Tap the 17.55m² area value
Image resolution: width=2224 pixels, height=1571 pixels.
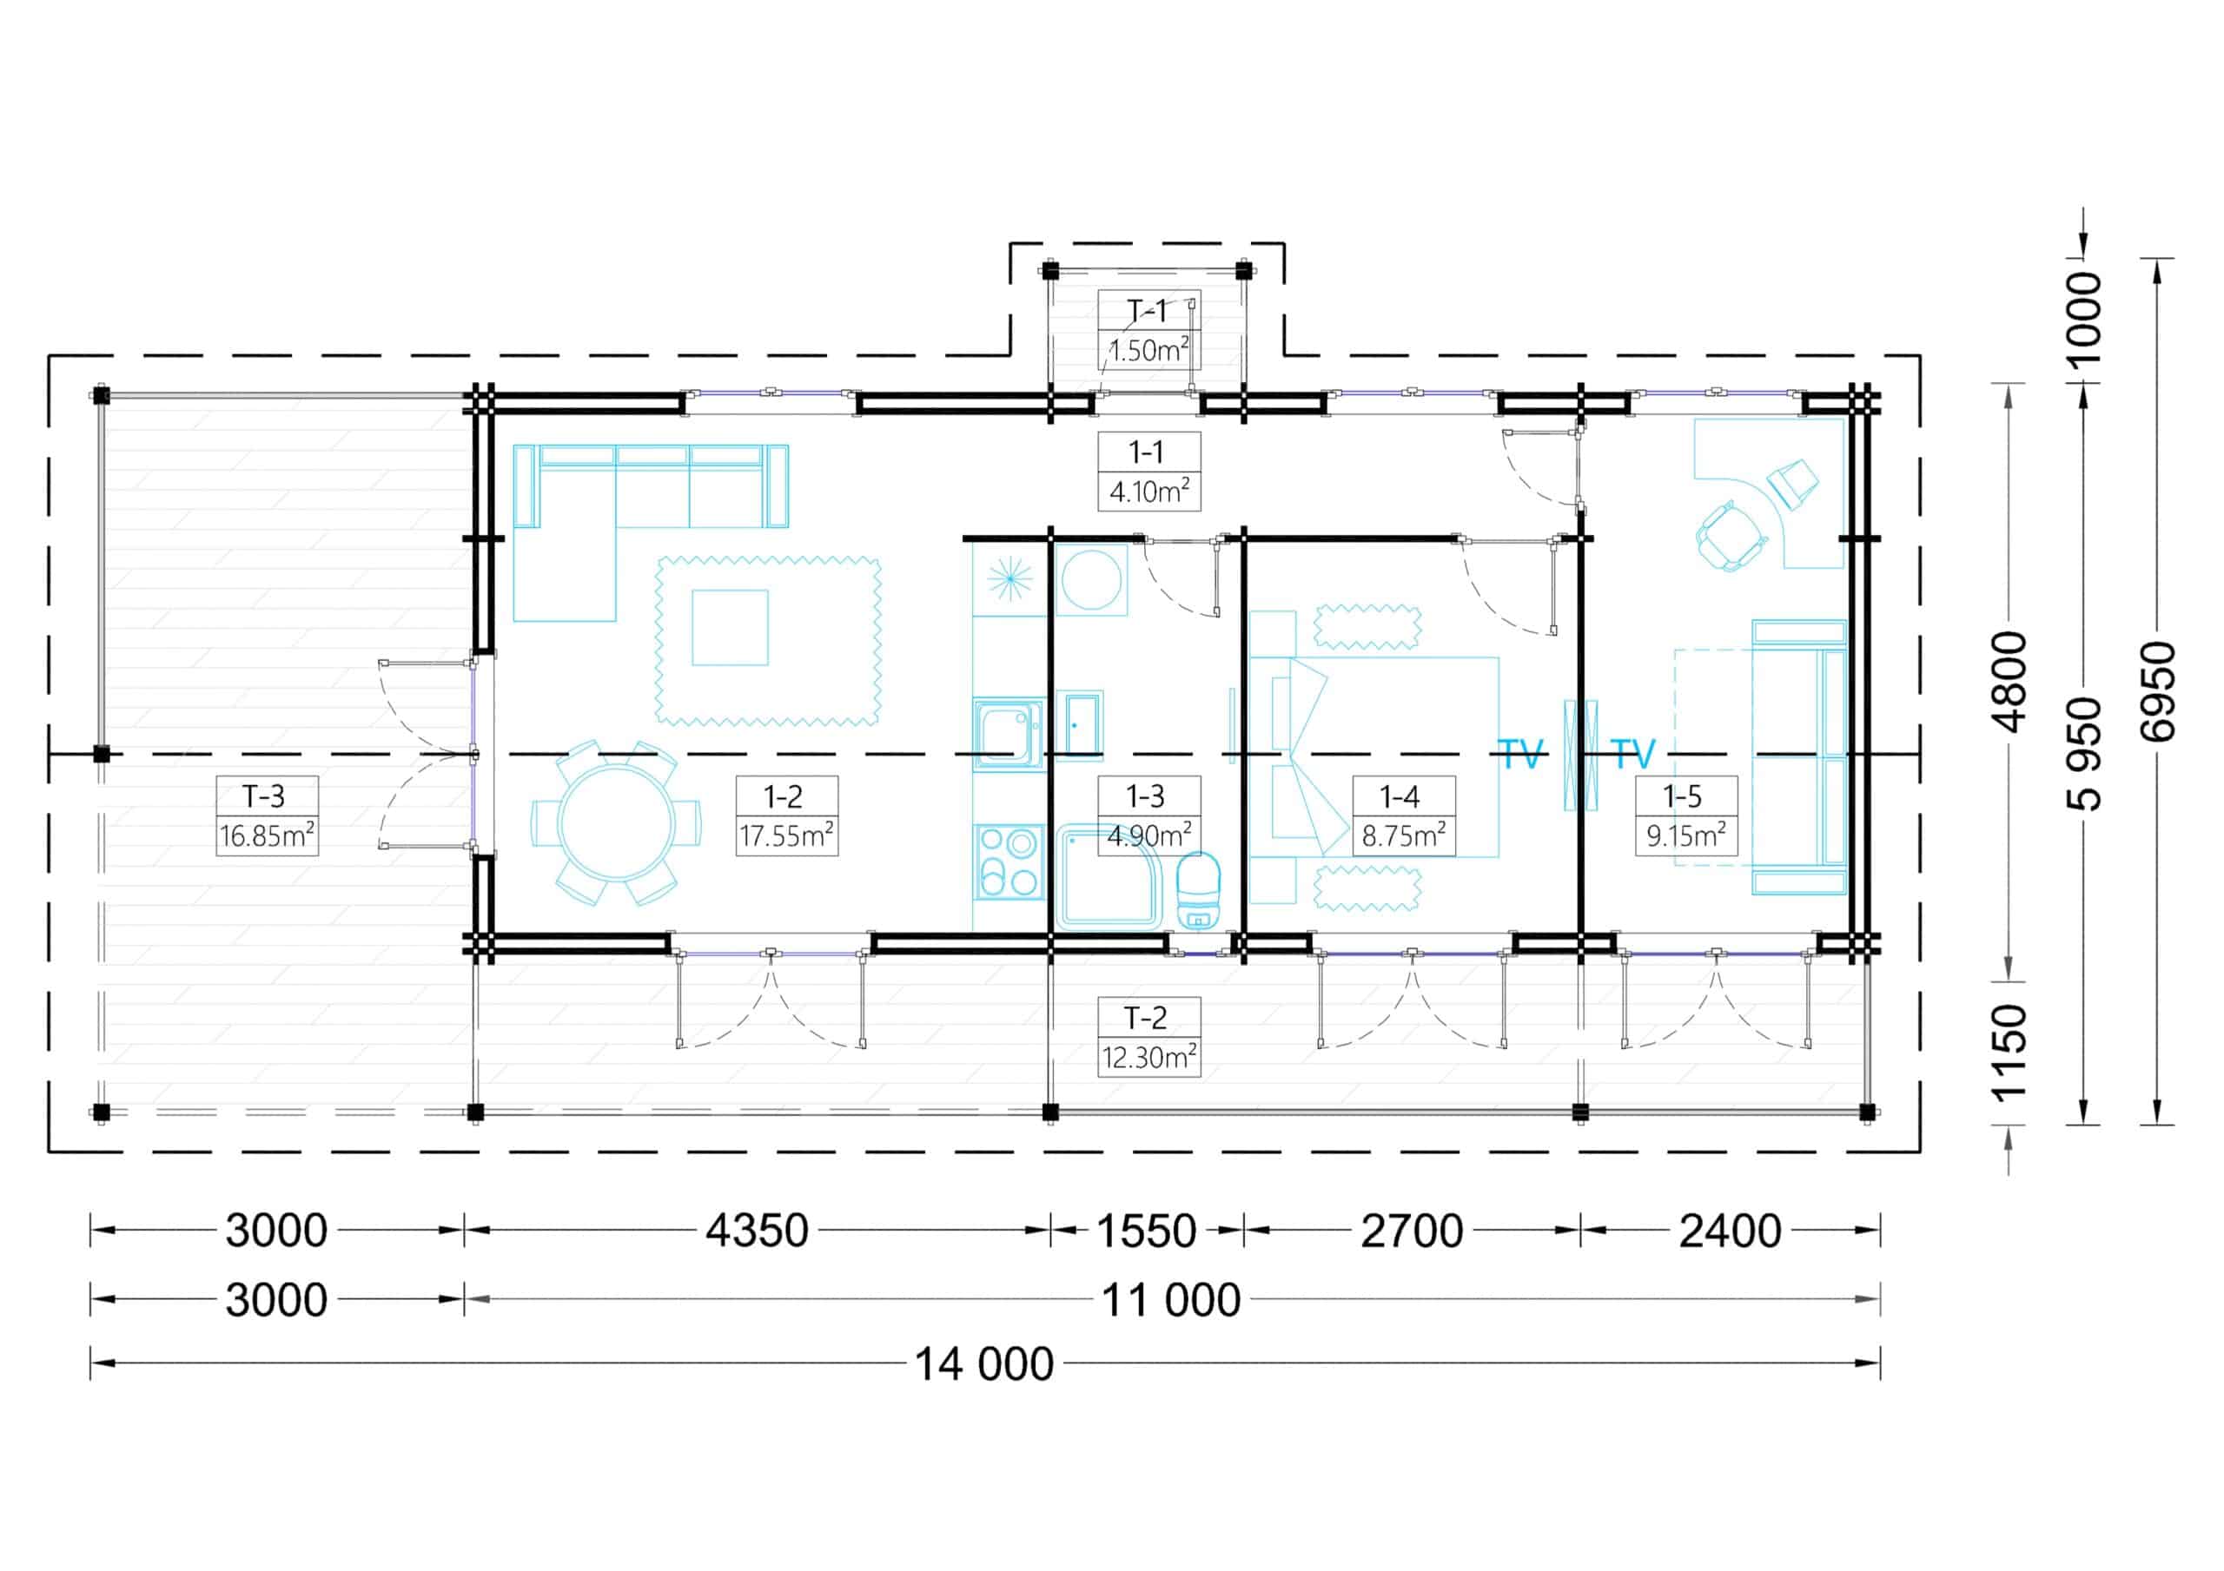[786, 835]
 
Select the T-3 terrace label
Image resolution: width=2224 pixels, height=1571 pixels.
[263, 796]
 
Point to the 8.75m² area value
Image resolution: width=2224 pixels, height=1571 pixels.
[1404, 835]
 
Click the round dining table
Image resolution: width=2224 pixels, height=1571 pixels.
[617, 822]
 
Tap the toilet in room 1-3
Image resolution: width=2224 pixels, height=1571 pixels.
[1198, 890]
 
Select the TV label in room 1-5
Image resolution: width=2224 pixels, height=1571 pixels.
[1633, 755]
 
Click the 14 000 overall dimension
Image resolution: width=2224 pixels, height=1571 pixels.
[984, 1364]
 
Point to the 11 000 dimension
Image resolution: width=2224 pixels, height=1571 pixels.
[1171, 1300]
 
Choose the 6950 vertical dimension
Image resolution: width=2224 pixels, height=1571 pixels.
[2159, 691]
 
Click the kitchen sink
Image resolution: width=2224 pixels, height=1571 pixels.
[1009, 734]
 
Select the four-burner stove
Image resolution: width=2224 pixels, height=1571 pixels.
[1009, 862]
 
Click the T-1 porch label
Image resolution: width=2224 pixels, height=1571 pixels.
[1148, 311]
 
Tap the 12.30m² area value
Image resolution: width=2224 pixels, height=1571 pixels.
[1148, 1057]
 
